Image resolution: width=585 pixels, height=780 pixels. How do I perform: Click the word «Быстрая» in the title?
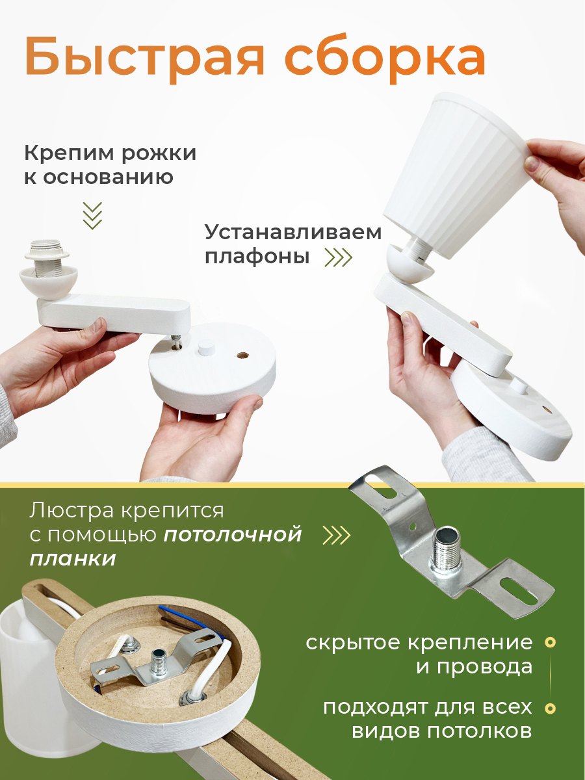[x=144, y=58]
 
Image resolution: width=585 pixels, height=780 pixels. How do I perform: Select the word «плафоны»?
[x=257, y=257]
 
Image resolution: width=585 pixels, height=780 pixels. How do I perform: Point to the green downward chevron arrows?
[x=92, y=215]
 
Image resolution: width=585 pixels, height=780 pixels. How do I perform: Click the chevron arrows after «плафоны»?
[x=339, y=257]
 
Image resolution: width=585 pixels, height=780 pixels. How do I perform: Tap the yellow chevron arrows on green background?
[x=336, y=534]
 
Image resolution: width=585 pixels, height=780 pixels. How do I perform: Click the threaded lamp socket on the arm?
[x=47, y=257]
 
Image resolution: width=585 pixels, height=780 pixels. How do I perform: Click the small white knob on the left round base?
[x=205, y=347]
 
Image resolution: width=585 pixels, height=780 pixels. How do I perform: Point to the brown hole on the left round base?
[x=243, y=355]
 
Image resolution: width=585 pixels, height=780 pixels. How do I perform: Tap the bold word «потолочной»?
[x=233, y=535]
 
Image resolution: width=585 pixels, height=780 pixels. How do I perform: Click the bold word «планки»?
[x=73, y=560]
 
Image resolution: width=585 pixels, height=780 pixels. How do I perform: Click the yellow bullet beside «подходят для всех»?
[x=551, y=708]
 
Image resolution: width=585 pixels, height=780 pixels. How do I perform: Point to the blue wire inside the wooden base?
[x=187, y=617]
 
